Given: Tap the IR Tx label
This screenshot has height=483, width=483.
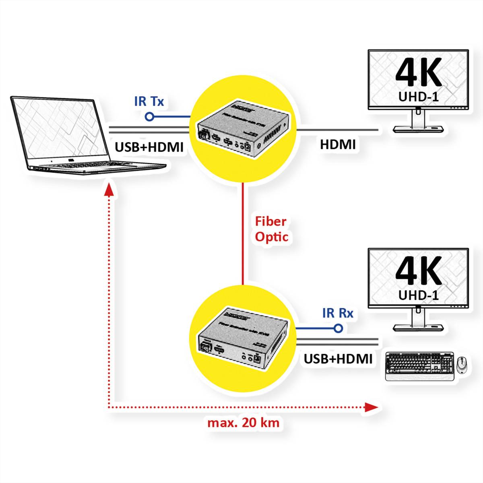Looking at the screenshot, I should coord(149,101).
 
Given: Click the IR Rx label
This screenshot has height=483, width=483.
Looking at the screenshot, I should coord(337,313).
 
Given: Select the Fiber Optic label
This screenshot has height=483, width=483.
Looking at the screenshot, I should coord(271,229).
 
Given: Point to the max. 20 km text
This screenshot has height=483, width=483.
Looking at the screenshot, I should coord(243,423).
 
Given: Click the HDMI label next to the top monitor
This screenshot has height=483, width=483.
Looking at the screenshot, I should coord(338,144).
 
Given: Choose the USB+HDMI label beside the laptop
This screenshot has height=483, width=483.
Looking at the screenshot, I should coord(149,147).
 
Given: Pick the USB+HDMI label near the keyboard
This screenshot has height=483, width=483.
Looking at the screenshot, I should coord(338,359).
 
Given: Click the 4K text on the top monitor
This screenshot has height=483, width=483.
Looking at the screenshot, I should coord(419,73).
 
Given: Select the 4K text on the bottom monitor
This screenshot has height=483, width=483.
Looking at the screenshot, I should coord(419,271).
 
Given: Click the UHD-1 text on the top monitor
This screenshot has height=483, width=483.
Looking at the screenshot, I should coord(419,97).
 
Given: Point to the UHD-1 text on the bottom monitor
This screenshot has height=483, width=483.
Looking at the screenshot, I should coord(419,295).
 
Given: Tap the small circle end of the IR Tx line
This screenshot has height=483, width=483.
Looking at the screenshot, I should coord(149,117).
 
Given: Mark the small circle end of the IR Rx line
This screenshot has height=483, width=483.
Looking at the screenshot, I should coord(339,328).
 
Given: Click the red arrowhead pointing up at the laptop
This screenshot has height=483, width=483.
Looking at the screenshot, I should coord(108,189).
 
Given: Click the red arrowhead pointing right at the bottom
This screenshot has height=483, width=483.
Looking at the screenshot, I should coord(371,407).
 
